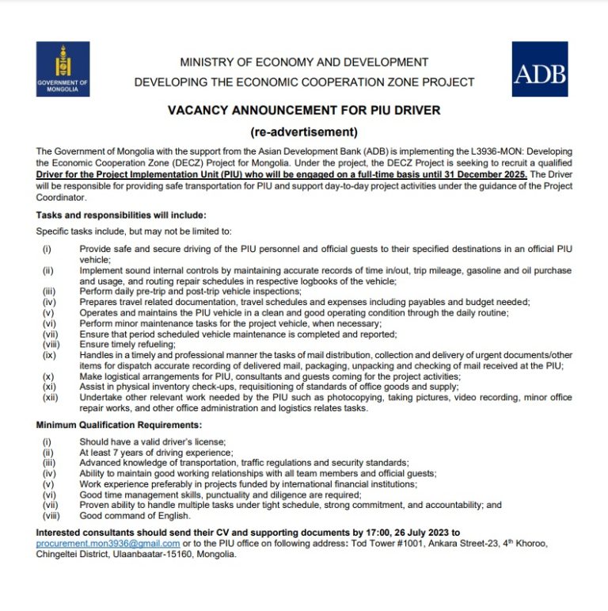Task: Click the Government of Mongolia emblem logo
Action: click(x=63, y=69)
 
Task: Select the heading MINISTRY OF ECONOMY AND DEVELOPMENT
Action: click(x=304, y=62)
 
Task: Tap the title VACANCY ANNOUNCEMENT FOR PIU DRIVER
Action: click(x=304, y=109)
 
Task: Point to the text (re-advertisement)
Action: click(x=304, y=132)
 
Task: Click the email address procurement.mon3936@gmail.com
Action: click(x=108, y=544)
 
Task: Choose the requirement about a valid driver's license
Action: click(x=153, y=441)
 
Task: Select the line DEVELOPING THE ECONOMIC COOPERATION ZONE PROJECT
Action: click(x=304, y=82)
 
